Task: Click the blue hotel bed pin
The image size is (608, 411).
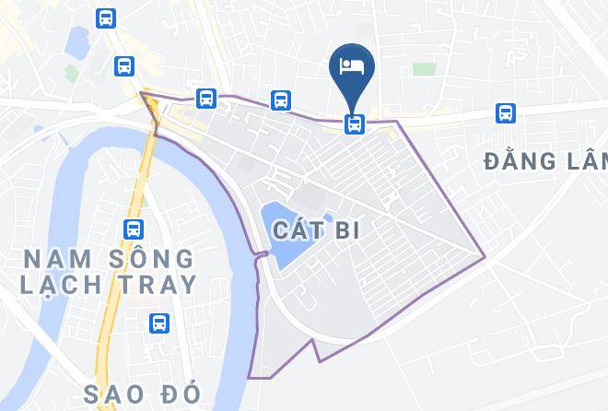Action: (352, 66)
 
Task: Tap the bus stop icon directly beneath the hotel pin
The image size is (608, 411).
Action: (353, 123)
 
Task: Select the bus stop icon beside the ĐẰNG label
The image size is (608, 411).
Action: (505, 112)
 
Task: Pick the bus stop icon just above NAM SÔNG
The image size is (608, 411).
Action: (134, 229)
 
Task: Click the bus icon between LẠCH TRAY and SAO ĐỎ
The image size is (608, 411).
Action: (159, 323)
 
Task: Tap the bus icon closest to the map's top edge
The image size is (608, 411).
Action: (107, 18)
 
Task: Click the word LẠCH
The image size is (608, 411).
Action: (57, 285)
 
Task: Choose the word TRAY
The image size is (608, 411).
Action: (163, 285)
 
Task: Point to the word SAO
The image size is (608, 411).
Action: (116, 393)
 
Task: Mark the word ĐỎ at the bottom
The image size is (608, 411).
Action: (182, 393)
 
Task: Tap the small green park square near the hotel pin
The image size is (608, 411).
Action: (423, 69)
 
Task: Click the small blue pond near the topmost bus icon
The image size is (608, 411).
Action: (77, 41)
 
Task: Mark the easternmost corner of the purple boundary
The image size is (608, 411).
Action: (485, 255)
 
